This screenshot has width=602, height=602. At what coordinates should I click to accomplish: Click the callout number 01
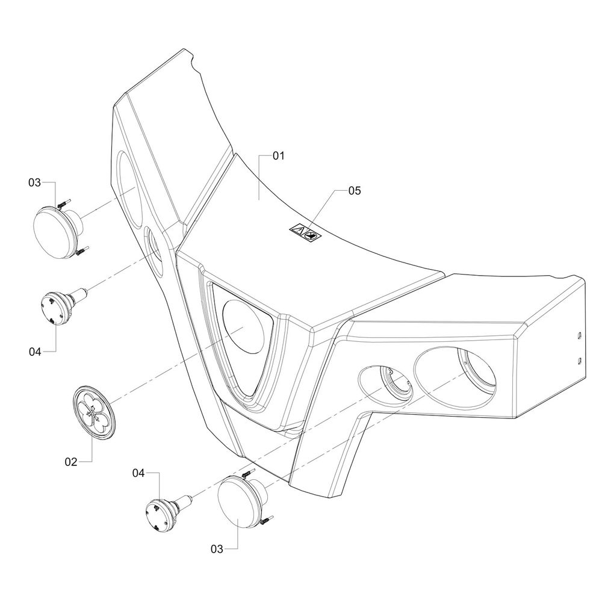278,156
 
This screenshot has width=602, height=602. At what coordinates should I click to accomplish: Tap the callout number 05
355,190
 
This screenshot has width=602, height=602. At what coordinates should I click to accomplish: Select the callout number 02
71,462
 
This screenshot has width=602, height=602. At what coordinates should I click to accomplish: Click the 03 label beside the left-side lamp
34,182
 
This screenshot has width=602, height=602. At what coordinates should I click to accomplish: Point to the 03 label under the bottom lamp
217,550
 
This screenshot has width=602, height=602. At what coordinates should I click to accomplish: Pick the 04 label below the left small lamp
35,352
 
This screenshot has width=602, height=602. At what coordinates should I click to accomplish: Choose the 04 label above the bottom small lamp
138,473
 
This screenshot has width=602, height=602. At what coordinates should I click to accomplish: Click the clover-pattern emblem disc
94,413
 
